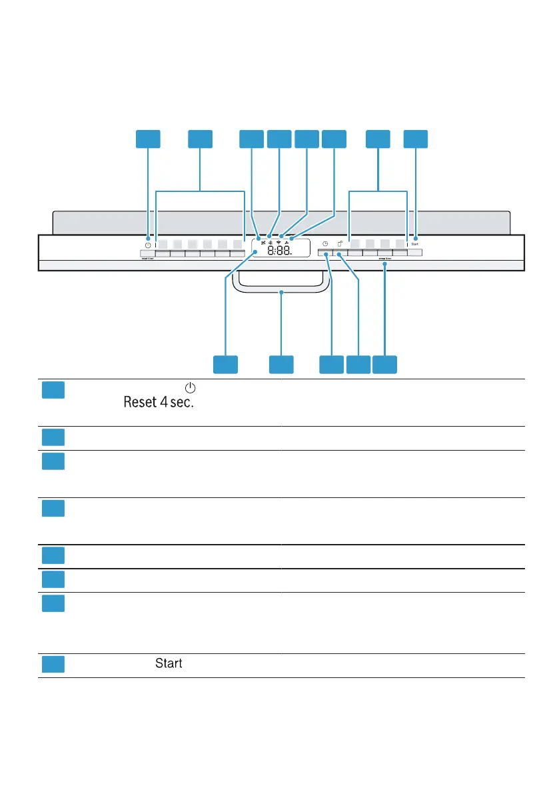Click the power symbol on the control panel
coord(147,244)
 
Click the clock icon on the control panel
coord(325,244)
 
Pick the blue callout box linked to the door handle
coord(281,364)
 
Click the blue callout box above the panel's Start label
coord(416,139)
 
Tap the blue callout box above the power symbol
coord(148,139)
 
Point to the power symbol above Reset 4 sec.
coord(191,387)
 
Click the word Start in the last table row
coord(169,664)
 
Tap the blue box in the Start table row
coord(53,665)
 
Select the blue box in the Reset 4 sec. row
coord(53,389)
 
